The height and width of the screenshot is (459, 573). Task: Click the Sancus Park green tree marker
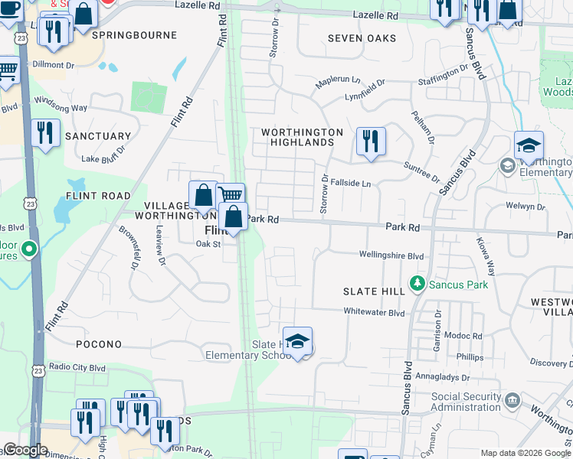417,285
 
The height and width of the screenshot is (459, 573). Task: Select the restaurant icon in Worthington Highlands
371,141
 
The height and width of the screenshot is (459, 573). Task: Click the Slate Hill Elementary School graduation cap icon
297,341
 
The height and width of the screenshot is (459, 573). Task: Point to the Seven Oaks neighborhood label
362,38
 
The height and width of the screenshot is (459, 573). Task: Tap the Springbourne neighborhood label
134,35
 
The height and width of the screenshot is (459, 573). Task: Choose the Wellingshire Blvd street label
391,256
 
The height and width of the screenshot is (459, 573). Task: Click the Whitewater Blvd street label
374,312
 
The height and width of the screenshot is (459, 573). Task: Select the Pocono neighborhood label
99,345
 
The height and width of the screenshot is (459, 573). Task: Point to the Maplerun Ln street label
337,80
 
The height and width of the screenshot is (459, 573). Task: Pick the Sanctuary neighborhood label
98,136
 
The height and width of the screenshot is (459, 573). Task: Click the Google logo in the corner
26,450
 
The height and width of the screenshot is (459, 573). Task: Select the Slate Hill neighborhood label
374,291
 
